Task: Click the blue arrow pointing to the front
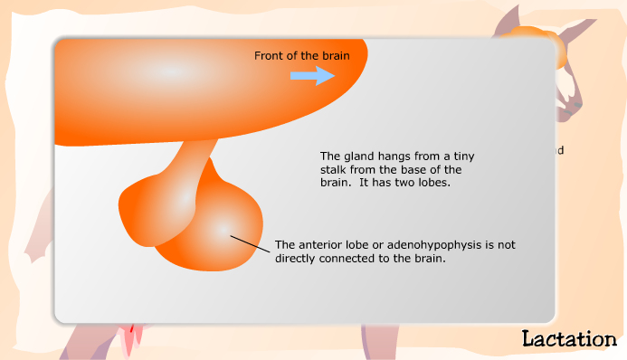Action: pyautogui.click(x=312, y=76)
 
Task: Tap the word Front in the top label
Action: pyautogui.click(x=268, y=56)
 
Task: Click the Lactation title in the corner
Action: pyautogui.click(x=568, y=339)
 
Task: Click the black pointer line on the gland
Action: pyautogui.click(x=250, y=243)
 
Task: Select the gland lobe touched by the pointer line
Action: pyautogui.click(x=217, y=231)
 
